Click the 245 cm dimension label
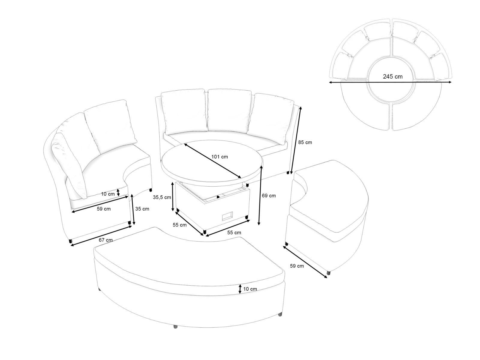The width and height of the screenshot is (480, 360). [393, 76]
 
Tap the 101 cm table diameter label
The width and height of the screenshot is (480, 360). [220, 157]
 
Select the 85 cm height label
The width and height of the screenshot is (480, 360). [305, 142]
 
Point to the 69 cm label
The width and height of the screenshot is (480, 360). [269, 196]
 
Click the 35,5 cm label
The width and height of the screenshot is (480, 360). [162, 197]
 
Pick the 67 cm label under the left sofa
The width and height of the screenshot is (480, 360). [105, 240]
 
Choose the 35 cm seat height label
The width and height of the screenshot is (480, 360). [142, 209]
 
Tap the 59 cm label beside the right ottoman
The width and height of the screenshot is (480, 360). [297, 266]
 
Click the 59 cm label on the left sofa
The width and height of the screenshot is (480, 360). [103, 209]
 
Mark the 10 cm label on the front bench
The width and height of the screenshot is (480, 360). [250, 289]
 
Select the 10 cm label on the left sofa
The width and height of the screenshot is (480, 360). [108, 194]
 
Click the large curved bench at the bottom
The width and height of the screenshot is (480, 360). [189, 279]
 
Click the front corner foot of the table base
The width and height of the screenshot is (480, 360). [205, 231]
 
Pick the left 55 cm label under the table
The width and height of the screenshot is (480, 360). [179, 225]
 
